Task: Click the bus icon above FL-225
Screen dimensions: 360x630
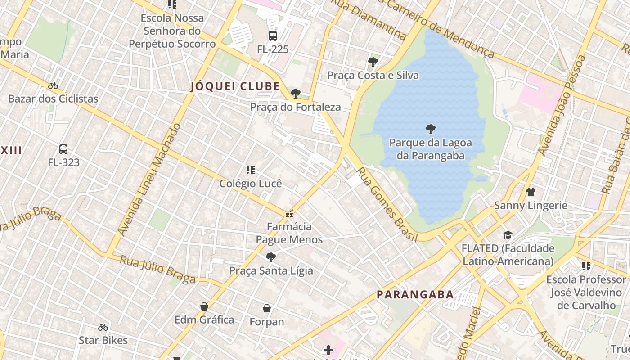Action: [272, 36]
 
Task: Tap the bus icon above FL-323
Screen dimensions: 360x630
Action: [63, 149]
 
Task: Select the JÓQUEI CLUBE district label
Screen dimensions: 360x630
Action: [235, 86]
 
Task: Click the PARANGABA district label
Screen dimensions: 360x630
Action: [415, 295]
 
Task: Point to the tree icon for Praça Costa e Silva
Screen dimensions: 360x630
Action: [373, 62]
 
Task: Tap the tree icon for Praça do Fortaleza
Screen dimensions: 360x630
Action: [296, 94]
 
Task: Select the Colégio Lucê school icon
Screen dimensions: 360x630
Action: [251, 170]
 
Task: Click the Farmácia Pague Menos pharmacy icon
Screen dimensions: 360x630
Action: [289, 213]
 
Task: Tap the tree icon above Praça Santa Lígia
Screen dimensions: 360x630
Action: [270, 257]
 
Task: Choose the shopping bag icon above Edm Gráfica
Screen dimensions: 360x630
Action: [204, 306]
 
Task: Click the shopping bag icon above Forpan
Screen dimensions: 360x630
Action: [267, 308]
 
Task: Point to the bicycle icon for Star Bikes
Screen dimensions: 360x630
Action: [103, 327]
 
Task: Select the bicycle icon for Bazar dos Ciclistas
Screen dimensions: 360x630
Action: [53, 85]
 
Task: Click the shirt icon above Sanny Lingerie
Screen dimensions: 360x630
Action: [531, 192]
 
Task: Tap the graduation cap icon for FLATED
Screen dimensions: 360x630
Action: [508, 235]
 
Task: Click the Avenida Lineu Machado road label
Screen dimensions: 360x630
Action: [149, 179]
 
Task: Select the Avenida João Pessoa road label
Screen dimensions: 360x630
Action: [562, 106]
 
